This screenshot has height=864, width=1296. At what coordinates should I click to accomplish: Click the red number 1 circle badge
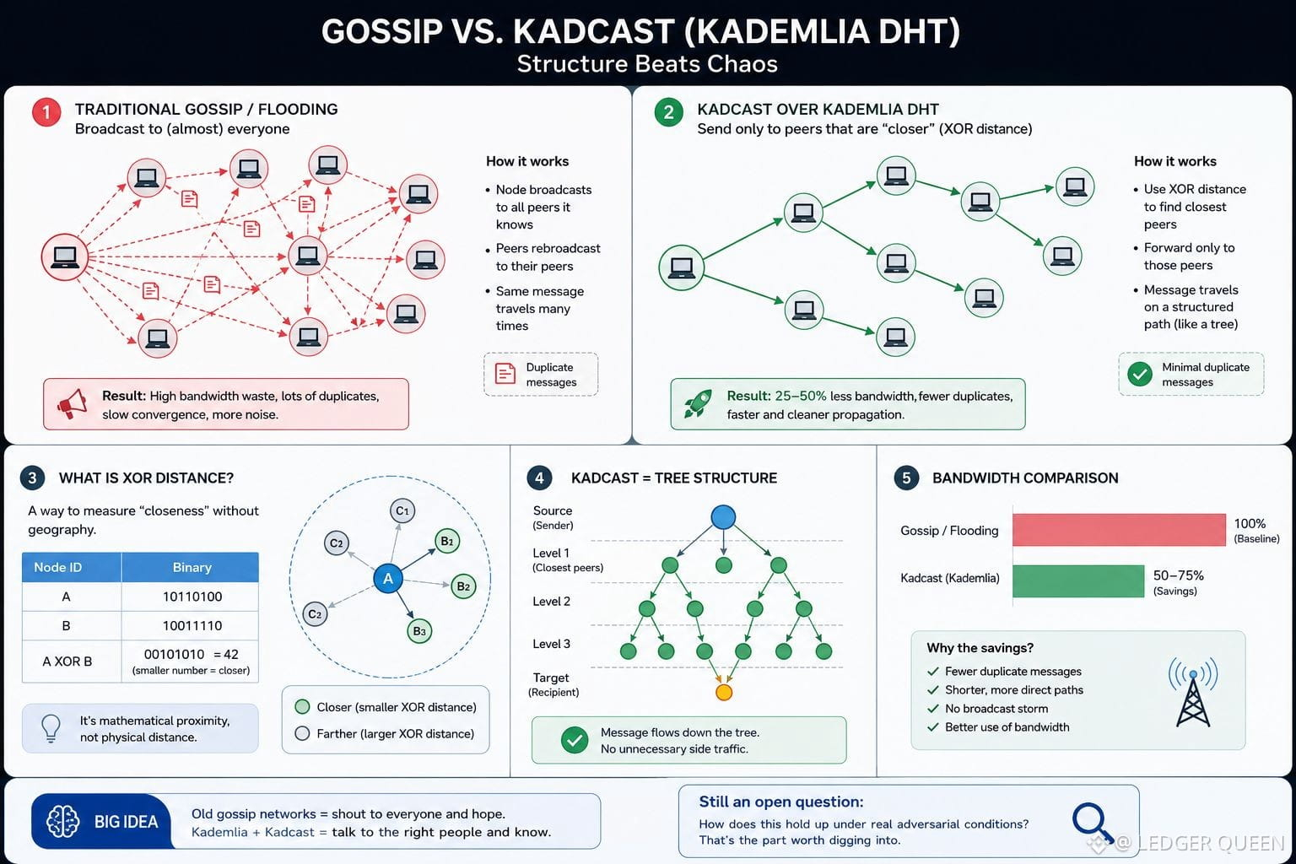(x=46, y=112)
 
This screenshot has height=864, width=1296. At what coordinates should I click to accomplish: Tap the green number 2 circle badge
(x=669, y=112)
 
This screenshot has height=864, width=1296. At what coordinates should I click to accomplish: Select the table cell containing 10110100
(x=192, y=597)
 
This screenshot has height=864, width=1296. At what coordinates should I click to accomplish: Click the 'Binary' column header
(x=192, y=567)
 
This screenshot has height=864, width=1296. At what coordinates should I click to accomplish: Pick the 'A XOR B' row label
(x=67, y=661)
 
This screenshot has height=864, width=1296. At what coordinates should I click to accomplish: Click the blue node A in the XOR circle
(x=387, y=578)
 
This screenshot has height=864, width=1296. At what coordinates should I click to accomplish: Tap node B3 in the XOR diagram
(x=419, y=631)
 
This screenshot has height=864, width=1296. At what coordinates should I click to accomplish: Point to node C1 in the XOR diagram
(x=402, y=511)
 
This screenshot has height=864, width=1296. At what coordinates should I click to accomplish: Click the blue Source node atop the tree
(x=723, y=516)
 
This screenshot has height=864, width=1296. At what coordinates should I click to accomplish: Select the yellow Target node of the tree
(x=724, y=692)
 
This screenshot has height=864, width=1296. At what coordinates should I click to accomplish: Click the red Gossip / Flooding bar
(x=1119, y=530)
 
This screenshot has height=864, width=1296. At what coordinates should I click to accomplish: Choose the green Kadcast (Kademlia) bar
(x=1078, y=581)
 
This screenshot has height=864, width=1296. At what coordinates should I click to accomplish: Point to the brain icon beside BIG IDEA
(x=62, y=821)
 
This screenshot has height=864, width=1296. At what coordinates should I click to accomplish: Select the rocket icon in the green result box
(x=697, y=403)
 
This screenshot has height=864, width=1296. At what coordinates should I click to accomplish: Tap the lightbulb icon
(x=51, y=728)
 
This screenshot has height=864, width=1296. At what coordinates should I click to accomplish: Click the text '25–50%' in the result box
(x=800, y=396)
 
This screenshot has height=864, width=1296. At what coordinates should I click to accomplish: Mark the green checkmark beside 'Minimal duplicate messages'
(x=1140, y=374)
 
